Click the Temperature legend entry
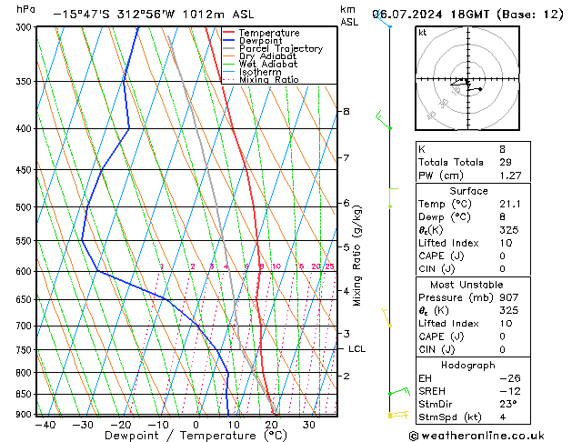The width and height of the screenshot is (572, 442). coord(269,33)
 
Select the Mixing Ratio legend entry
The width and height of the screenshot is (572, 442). coord(269,80)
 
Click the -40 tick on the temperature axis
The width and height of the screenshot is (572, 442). coord(41,425)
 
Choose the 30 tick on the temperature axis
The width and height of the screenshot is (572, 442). coord(309,425)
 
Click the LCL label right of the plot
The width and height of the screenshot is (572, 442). coord(356,348)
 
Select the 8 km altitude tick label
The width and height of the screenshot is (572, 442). coord(346,111)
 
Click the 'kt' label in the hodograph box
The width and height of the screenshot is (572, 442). coord(423,32)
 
